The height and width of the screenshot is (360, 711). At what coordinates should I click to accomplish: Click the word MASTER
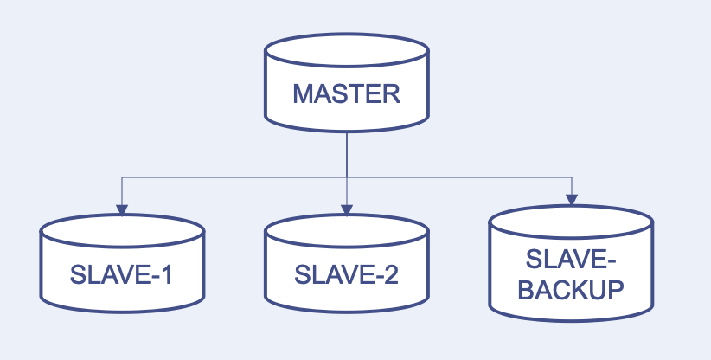[x=346, y=93]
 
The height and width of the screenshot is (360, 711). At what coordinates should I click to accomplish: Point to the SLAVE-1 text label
[x=122, y=275]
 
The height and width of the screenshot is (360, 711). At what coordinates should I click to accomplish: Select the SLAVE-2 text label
[x=346, y=275]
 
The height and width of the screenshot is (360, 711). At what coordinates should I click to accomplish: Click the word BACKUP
[x=571, y=289]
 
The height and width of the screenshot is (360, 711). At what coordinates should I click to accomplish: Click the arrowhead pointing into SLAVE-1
[x=122, y=209]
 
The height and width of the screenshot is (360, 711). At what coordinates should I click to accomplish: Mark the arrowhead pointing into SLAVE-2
[x=346, y=209]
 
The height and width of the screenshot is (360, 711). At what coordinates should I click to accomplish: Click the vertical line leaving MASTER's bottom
[x=346, y=151]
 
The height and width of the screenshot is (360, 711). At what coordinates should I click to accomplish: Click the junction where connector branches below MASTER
[x=346, y=177]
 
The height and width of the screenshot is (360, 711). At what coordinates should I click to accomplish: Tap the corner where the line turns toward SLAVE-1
[x=122, y=177]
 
